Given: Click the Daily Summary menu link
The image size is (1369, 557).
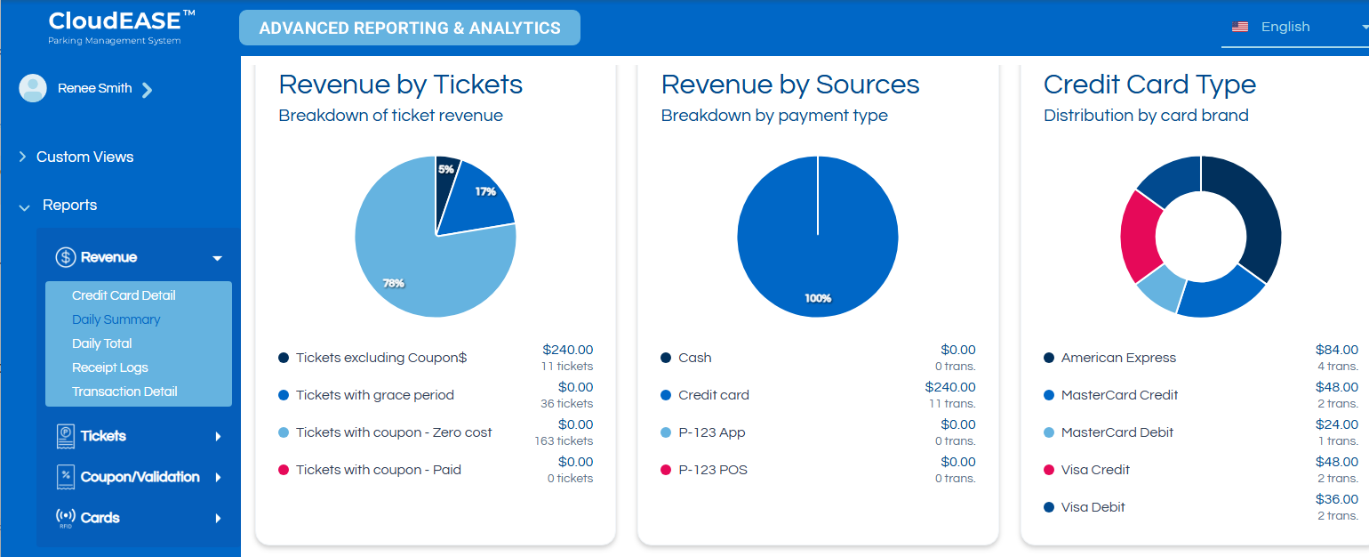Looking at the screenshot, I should (x=116, y=319).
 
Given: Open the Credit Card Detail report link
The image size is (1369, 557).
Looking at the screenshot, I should (x=124, y=295).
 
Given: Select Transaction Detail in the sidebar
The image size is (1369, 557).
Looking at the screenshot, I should (x=124, y=392).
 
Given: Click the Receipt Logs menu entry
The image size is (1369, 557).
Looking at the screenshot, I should (x=109, y=367).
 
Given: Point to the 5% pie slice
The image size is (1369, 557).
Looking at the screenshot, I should (x=446, y=171).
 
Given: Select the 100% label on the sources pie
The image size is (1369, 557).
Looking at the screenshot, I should (x=818, y=298).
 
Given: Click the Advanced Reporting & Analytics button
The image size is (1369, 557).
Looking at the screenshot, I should (x=410, y=28).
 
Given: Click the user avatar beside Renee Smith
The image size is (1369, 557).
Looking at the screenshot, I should (x=33, y=88).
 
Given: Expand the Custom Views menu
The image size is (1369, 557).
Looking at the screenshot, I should (x=84, y=157).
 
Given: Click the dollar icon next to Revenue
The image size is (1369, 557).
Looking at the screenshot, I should (x=65, y=257).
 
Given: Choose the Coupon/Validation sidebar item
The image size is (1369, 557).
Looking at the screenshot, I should (x=140, y=477).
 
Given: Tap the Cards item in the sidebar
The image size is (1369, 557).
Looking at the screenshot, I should (x=100, y=518).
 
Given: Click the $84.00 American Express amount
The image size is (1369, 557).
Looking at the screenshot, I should (x=1336, y=350).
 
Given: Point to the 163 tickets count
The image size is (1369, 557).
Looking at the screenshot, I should (x=563, y=440).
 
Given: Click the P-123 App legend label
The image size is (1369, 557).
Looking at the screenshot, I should (x=711, y=432).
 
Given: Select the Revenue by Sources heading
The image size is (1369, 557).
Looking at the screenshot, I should (x=789, y=85).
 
